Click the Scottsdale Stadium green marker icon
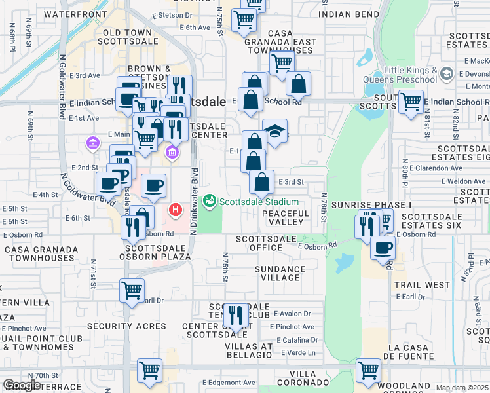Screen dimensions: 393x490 pyautogui.click(x=210, y=201)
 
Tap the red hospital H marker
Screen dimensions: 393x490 pyautogui.click(x=176, y=210)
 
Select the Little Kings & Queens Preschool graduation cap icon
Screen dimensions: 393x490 pyautogui.click(x=448, y=73)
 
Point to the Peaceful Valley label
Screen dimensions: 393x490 pyautogui.click(x=286, y=217)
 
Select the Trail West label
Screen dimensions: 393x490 pyautogui.click(x=423, y=285)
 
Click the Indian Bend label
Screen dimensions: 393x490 pyautogui.click(x=349, y=14)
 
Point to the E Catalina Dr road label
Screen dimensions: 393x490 pyautogui.click(x=297, y=340)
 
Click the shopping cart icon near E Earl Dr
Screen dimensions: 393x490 pyautogui.click(x=132, y=289)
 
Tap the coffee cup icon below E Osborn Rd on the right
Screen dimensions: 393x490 pyautogui.click(x=383, y=247)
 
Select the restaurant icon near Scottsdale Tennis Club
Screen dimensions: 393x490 pyautogui.click(x=235, y=315)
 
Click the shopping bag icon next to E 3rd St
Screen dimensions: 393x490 pyautogui.click(x=261, y=181)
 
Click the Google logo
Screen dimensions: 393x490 pyautogui.click(x=22, y=385)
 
